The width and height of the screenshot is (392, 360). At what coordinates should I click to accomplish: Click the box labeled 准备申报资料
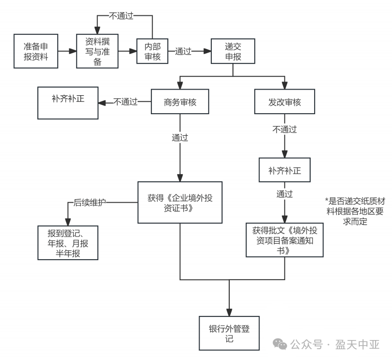(x=36, y=51)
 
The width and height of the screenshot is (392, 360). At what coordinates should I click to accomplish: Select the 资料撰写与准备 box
(x=97, y=51)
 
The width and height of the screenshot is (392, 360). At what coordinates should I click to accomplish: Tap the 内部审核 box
(x=153, y=51)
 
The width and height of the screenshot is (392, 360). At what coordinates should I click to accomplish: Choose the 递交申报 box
(x=233, y=51)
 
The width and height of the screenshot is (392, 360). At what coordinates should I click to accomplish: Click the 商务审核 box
(x=181, y=102)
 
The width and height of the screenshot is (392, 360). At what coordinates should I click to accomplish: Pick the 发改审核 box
(x=285, y=102)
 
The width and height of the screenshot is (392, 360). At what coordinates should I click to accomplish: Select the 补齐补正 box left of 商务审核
(x=68, y=103)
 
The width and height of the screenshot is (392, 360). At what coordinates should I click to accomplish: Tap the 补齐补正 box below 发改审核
(x=285, y=171)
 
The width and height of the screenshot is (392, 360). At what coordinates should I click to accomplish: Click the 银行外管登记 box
(x=229, y=333)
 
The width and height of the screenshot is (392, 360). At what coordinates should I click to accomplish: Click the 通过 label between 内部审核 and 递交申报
(x=183, y=52)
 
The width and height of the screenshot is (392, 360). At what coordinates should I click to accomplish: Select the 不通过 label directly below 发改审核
(x=285, y=130)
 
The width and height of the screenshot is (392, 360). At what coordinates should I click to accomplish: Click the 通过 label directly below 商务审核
(x=180, y=138)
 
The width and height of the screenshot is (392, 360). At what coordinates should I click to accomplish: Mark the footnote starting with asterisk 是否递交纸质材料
(x=353, y=211)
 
